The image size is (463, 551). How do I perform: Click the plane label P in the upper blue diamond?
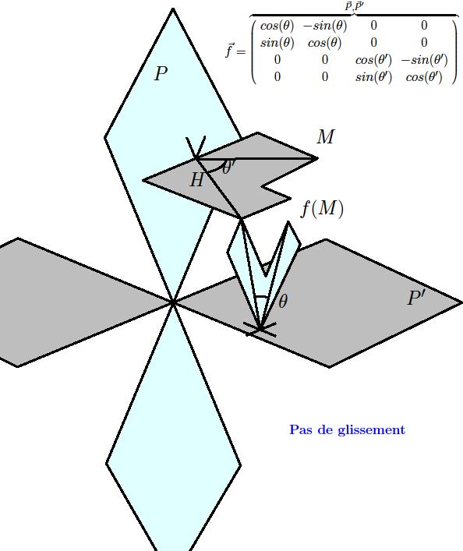pyautogui.click(x=161, y=73)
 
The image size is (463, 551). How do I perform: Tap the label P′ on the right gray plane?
pyautogui.click(x=416, y=298)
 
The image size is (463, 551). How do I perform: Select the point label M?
pyautogui.click(x=326, y=136)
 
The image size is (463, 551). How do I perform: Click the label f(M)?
pyautogui.click(x=322, y=209)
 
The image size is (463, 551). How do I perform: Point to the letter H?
pyautogui.click(x=197, y=180)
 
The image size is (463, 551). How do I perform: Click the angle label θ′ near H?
pyautogui.click(x=228, y=167)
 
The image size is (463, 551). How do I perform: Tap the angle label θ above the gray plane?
pyautogui.click(x=283, y=302)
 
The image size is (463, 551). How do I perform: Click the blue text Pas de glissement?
pyautogui.click(x=348, y=429)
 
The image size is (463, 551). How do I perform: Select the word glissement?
pyautogui.click(x=372, y=429)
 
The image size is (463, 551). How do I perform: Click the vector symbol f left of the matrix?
pyautogui.click(x=229, y=50)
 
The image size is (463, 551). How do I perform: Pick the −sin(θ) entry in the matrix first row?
pyautogui.click(x=324, y=26)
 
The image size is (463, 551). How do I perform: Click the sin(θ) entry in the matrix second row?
pyautogui.click(x=277, y=43)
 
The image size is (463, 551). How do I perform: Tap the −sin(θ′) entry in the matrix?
pyautogui.click(x=424, y=60)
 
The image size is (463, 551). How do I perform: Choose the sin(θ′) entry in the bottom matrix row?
pyautogui.click(x=373, y=76)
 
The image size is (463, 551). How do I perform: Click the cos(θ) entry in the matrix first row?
pyautogui.click(x=277, y=26)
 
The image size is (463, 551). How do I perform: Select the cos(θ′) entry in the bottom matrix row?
pyautogui.click(x=424, y=76)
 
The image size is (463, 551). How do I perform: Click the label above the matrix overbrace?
pyautogui.click(x=354, y=6)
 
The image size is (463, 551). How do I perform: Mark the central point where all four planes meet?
pyautogui.click(x=173, y=302)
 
